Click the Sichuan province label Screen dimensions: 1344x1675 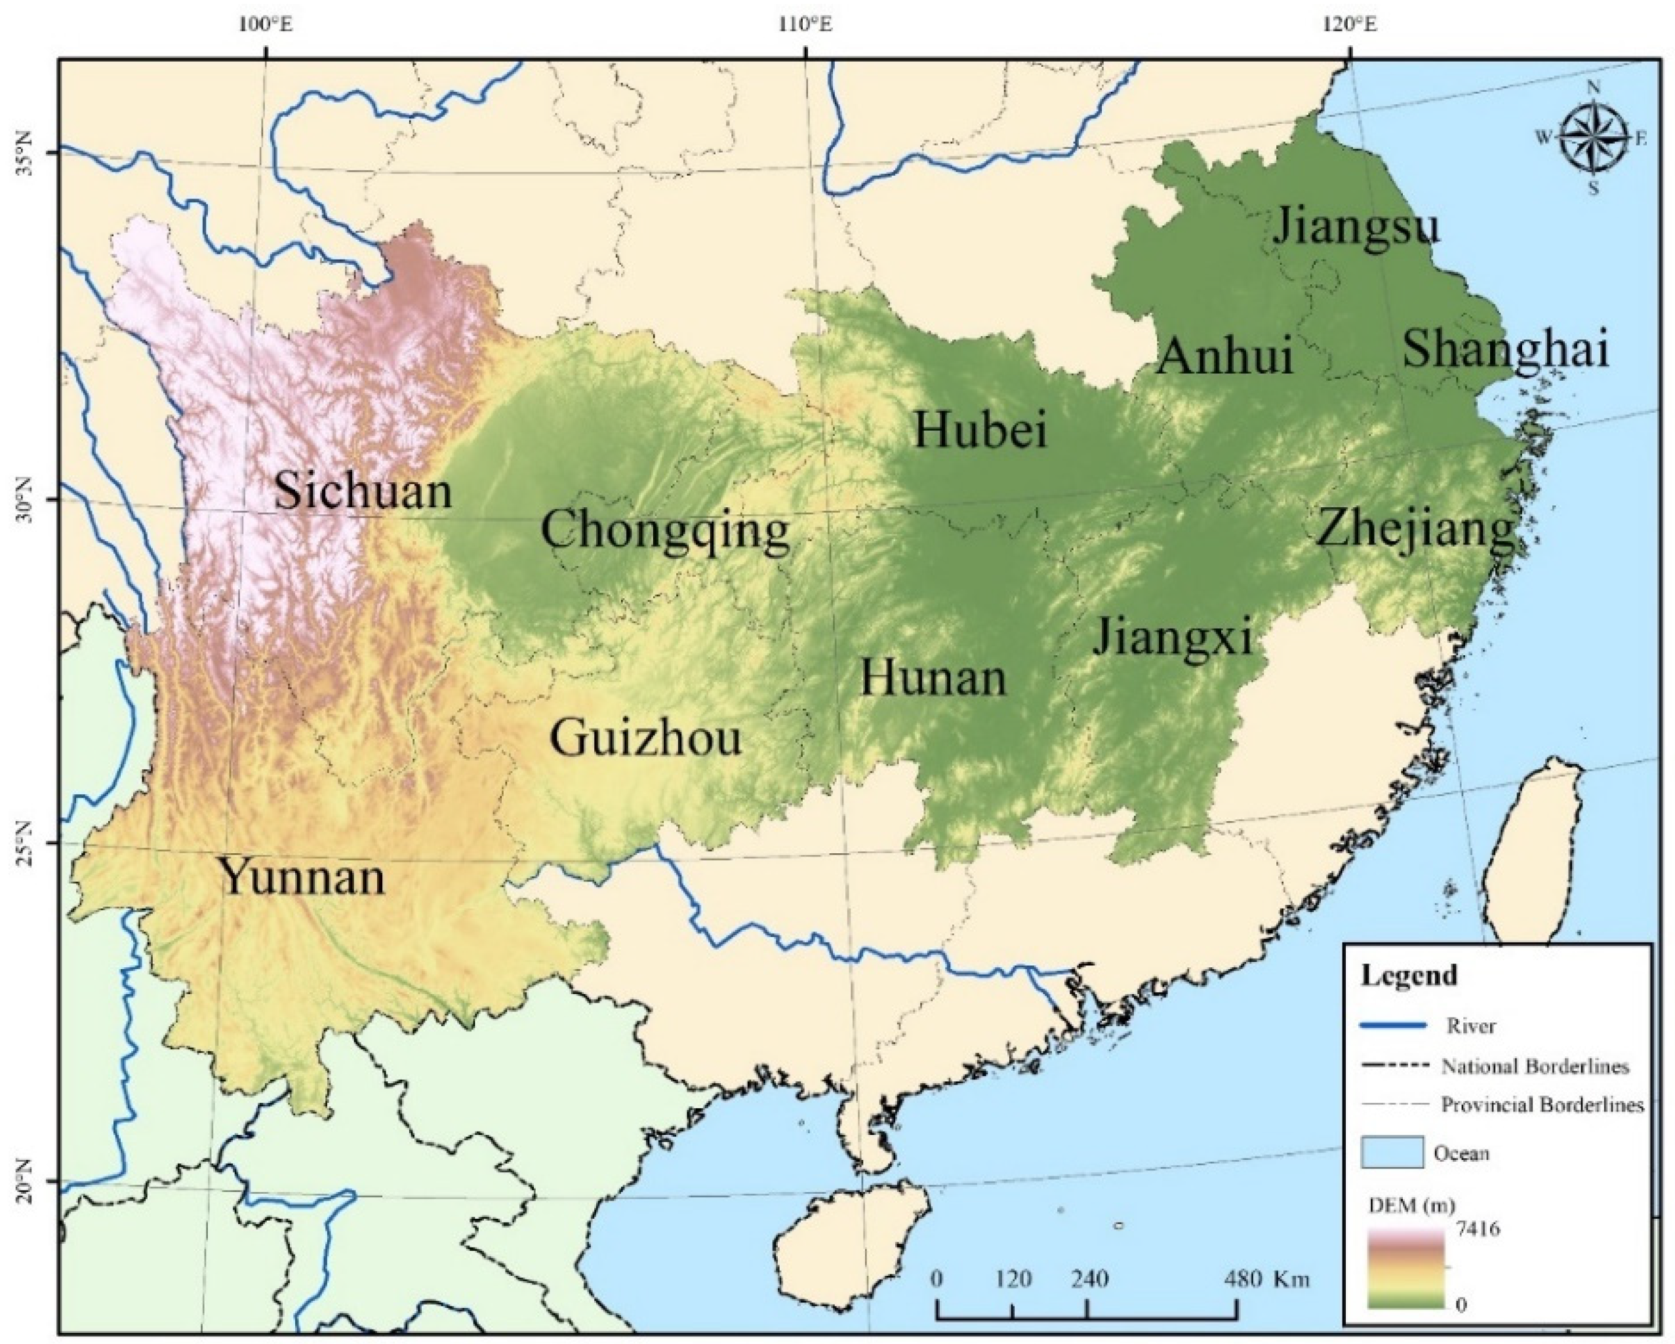point(363,491)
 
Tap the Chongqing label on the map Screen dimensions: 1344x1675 point(665,533)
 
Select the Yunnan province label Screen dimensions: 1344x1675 point(304,878)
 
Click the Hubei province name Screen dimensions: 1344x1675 point(980,429)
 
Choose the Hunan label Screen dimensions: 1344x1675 point(933,678)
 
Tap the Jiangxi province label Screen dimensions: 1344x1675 point(1173,638)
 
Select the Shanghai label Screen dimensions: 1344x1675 point(1505,349)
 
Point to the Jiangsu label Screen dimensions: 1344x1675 point(1356,226)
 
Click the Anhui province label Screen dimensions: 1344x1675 point(1224,357)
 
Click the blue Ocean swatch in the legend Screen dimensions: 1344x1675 point(1392,1152)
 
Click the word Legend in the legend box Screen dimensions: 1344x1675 point(1407,974)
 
